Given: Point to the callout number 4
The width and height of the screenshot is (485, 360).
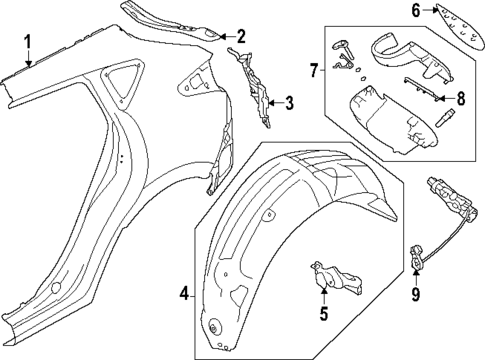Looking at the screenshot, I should tap(184, 294).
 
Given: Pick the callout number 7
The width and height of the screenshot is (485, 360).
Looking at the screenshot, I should tap(313, 71).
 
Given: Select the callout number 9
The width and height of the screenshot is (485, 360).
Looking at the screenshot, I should tap(417, 296).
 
